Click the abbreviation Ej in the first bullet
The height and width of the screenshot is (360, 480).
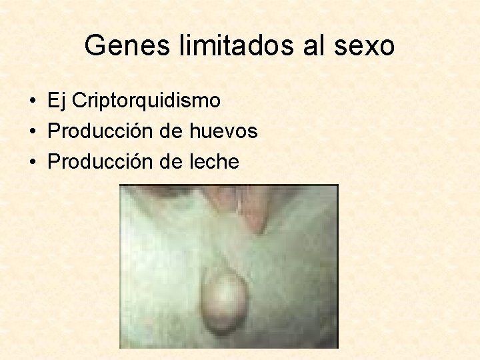click(56, 101)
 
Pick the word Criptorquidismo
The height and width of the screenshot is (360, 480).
click(146, 101)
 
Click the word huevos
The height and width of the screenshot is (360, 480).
click(223, 131)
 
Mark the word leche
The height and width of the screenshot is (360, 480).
click(214, 162)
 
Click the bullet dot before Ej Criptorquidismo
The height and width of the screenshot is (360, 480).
click(32, 102)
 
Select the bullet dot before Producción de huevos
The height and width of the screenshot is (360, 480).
click(32, 132)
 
